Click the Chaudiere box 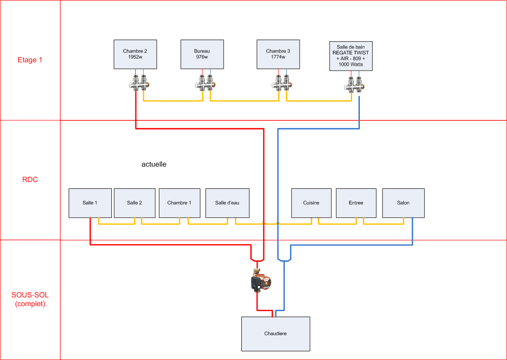click(275, 334)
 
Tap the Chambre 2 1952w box click(135, 54)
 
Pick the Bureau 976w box click(202, 54)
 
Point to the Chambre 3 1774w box click(278, 54)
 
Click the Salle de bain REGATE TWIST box click(351, 56)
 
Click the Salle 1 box click(90, 203)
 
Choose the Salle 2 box click(134, 203)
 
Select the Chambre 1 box click(179, 203)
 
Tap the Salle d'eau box click(227, 203)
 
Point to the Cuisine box click(311, 203)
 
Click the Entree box click(356, 203)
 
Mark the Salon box click(403, 203)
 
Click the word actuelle click(154, 164)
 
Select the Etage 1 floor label click(30, 60)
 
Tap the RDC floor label click(30, 180)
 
